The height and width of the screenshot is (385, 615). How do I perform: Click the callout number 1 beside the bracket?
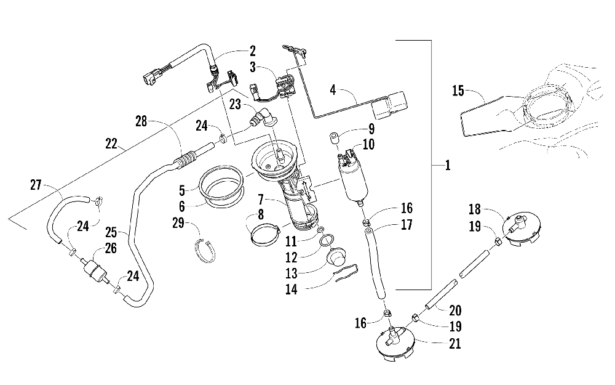click(x=448, y=165)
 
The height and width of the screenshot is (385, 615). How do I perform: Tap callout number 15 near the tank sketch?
click(x=458, y=91)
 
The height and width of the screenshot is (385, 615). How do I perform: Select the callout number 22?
click(x=111, y=144)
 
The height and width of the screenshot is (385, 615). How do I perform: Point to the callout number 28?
click(x=141, y=121)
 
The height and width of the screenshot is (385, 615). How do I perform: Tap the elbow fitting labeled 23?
click(x=261, y=118)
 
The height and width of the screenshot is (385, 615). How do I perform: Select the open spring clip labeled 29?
click(x=205, y=251)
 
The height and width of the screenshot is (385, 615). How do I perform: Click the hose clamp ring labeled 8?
click(x=264, y=235)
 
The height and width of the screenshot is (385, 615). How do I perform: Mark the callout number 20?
click(x=455, y=310)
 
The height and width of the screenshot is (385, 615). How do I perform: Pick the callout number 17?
click(x=407, y=225)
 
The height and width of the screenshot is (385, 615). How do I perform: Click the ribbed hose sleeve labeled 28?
click(x=184, y=161)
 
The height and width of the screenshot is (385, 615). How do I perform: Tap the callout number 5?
click(x=181, y=191)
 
